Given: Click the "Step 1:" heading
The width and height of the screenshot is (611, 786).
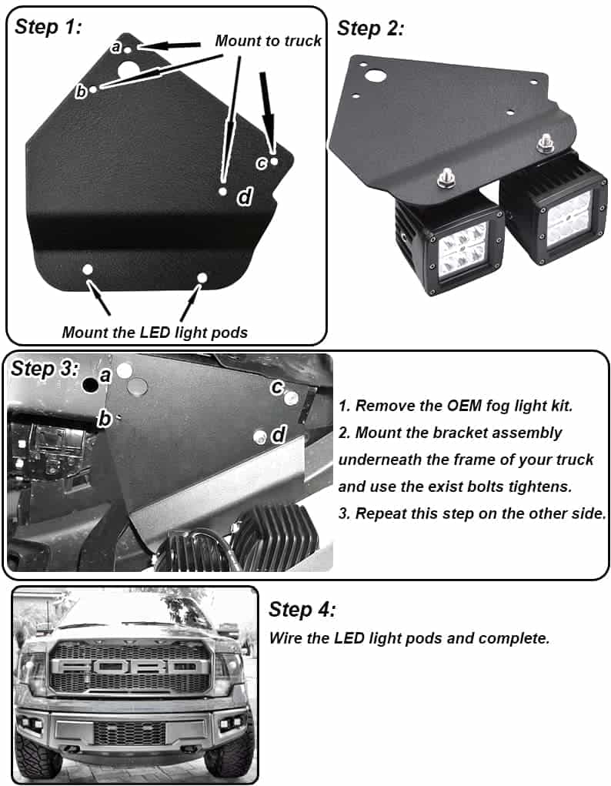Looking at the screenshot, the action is pos(48,27).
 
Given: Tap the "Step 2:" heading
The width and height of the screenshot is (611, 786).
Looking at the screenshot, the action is pos(370,28).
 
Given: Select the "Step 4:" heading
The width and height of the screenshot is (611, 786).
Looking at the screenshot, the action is pos(302,610).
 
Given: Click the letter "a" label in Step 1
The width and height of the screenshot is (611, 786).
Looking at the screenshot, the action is pos(116,47).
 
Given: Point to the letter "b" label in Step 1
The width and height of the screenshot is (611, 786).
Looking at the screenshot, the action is pos(81,92).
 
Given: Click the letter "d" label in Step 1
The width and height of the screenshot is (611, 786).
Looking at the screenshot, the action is pos(244,197).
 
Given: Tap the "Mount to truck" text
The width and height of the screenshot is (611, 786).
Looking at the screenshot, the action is pos(268,41).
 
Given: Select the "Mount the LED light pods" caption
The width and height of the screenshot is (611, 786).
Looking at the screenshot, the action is pos(155,333).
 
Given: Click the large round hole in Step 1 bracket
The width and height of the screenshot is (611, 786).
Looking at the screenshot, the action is pos(129,70).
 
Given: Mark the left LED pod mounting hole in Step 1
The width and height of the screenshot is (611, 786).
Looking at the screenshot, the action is pos(88,269).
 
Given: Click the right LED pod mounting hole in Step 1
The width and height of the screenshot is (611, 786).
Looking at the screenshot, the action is pos(202,278).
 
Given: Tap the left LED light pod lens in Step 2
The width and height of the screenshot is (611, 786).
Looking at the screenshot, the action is pos(462,248).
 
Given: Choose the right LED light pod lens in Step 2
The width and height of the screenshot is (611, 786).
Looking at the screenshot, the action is pos(569,219).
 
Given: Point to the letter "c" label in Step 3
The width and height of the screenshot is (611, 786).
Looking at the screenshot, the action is pos(277,387).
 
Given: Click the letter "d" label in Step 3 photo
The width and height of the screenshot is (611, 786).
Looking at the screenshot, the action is pos(279,434).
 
